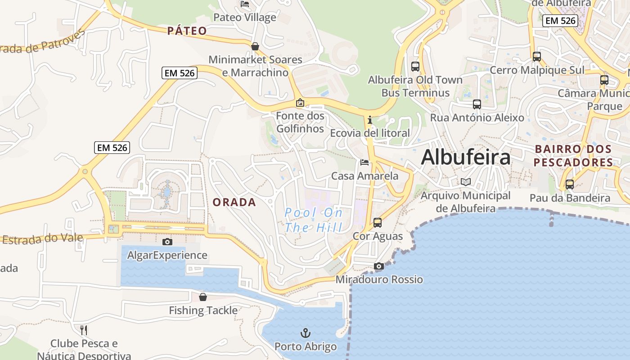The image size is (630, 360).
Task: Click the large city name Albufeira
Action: (466, 157)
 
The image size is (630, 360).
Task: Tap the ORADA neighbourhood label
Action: (234, 202)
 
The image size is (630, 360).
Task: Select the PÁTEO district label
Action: (187, 31)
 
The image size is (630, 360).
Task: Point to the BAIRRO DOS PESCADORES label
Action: (574, 156)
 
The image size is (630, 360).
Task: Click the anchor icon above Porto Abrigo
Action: (306, 333)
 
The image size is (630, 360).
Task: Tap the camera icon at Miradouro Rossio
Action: (379, 266)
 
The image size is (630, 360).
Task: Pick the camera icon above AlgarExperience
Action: (167, 242)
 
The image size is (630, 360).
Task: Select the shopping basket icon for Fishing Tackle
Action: (203, 297)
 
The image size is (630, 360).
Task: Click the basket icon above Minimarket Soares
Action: (255, 46)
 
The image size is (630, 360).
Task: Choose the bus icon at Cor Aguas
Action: (378, 223)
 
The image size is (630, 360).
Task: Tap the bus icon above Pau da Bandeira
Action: (570, 184)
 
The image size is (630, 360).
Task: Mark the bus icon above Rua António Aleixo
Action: (477, 104)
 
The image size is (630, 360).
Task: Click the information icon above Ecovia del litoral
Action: (370, 120)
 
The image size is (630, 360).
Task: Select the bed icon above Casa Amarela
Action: (364, 162)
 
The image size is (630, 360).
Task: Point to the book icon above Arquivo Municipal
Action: (466, 182)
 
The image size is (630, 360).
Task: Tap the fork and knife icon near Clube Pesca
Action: (84, 330)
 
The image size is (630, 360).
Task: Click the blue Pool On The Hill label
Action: (314, 220)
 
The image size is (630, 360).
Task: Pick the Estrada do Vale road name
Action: (43, 238)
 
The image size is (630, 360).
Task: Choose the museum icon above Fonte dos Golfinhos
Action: (300, 103)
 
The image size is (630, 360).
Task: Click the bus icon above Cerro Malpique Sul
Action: (536, 57)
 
